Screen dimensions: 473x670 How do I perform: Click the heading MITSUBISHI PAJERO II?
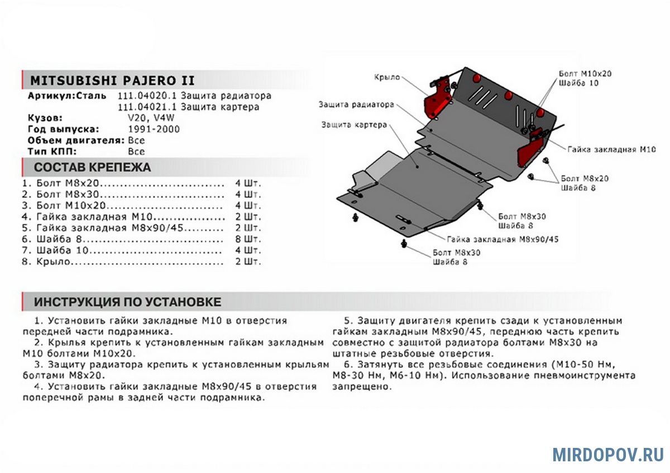click(112, 79)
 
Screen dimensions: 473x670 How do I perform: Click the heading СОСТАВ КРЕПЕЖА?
click(92, 167)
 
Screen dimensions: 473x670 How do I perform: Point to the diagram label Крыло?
click(386, 78)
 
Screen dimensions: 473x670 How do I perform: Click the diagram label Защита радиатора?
click(356, 104)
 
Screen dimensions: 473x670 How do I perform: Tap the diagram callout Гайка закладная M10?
click(611, 150)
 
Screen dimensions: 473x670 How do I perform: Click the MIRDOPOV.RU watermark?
click(608, 454)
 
